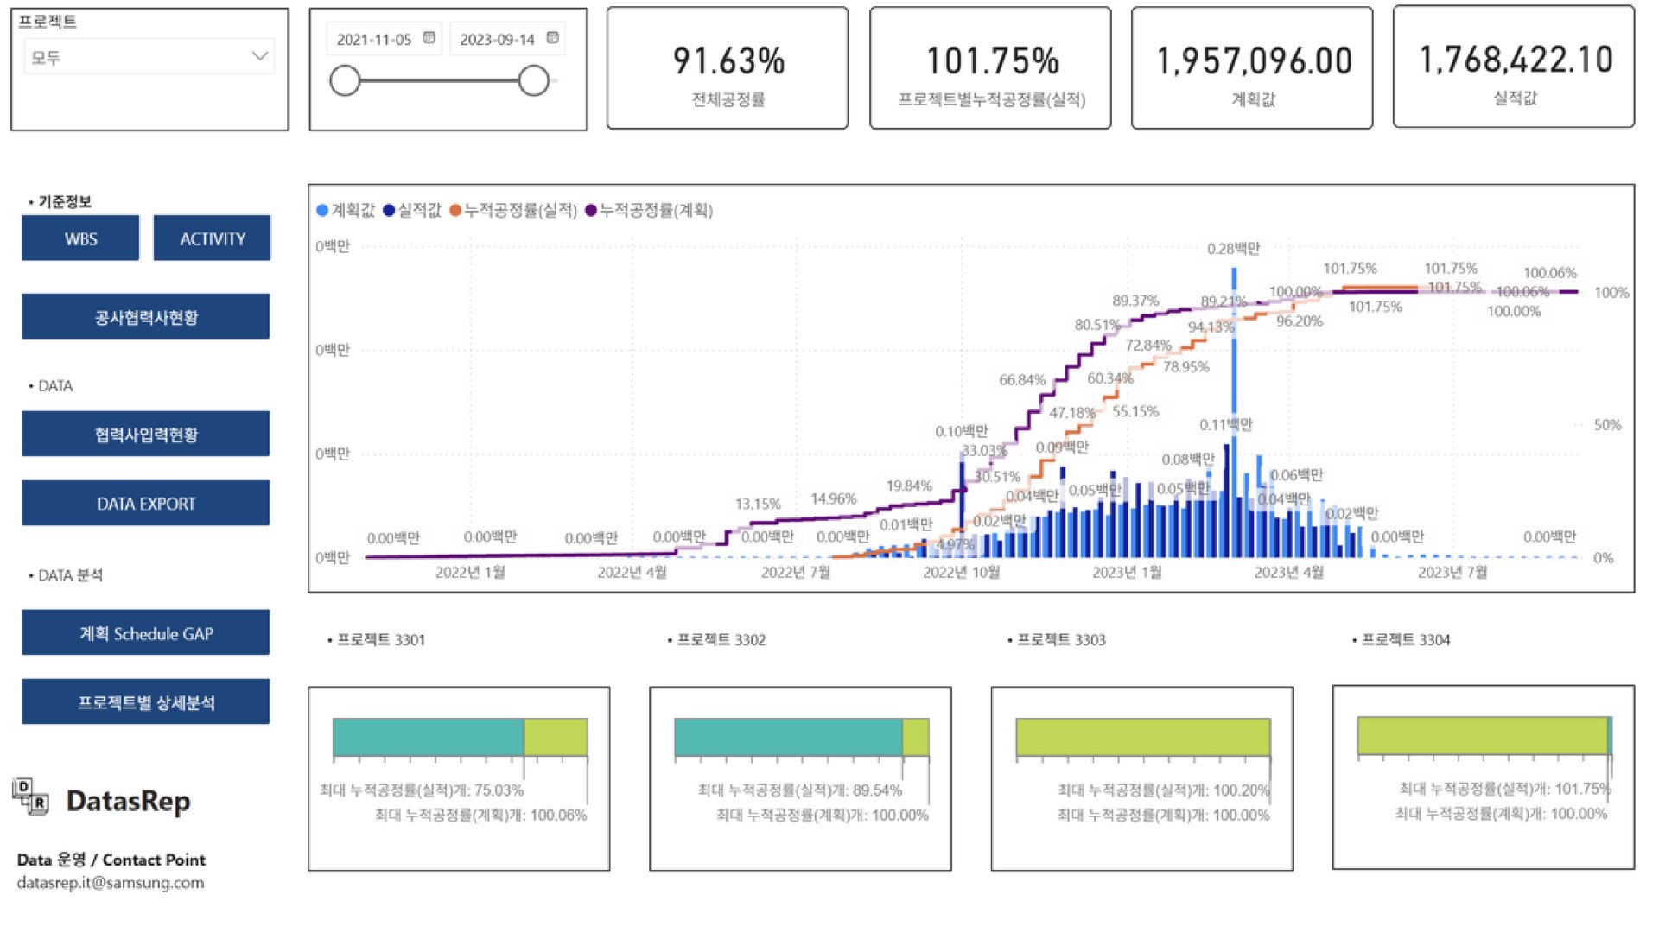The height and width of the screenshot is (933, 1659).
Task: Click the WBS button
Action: (x=80, y=238)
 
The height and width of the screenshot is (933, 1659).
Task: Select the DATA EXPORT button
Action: (x=145, y=504)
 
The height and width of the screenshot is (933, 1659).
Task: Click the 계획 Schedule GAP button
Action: (x=145, y=633)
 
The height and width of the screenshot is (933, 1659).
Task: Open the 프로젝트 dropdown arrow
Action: (x=259, y=56)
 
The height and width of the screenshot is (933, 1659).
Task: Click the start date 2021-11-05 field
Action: (x=374, y=39)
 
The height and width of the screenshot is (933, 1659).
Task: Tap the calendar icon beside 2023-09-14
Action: (x=553, y=38)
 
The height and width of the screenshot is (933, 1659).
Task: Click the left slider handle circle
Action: (x=345, y=81)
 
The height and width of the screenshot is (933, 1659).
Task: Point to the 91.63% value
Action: (x=728, y=60)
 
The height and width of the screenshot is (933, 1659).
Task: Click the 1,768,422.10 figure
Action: (x=1515, y=60)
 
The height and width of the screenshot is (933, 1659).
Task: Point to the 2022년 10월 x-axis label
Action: (x=961, y=572)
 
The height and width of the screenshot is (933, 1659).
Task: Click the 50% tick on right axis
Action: (x=1607, y=425)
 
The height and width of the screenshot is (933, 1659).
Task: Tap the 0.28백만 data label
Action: (x=1233, y=249)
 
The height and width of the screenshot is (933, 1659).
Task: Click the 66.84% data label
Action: (x=1022, y=379)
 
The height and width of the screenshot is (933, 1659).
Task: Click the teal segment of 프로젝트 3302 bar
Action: (x=788, y=737)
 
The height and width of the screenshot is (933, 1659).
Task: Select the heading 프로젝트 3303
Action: (x=1060, y=640)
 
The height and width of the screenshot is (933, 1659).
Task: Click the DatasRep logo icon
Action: (x=31, y=797)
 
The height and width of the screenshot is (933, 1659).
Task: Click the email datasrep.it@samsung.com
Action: (x=111, y=883)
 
